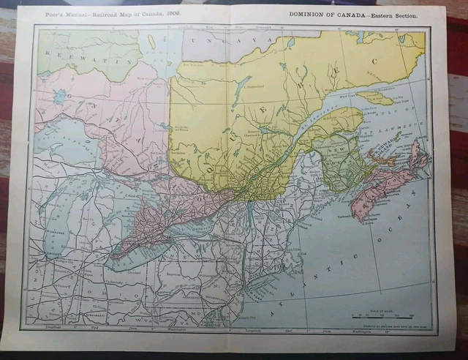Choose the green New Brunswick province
point(336,157)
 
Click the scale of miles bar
point(379,315)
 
